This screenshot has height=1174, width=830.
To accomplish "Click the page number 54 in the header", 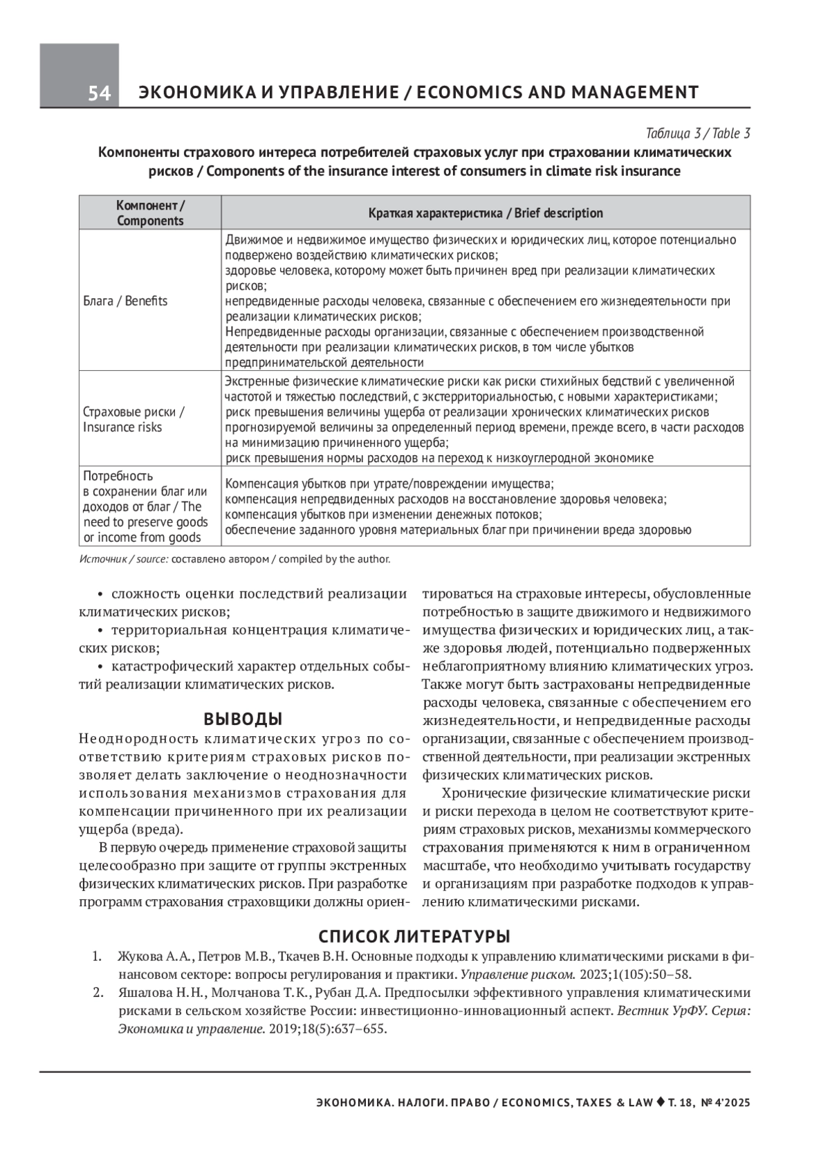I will coord(99,93).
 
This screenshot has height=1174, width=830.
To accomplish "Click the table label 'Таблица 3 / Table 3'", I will coord(697,134).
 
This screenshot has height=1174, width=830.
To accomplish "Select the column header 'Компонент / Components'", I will coord(150,213).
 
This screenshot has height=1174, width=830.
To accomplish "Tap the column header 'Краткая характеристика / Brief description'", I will coord(486,213).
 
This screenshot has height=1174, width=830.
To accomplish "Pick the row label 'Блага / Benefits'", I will coord(125,301).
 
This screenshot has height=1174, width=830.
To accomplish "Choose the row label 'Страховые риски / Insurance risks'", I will coord(133,419).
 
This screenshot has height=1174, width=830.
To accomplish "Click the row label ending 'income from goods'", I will coord(142,538).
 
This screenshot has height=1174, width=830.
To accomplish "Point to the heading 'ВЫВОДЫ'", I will coord(243,719).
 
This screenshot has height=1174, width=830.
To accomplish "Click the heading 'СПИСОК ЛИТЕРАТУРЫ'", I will coord(414,937).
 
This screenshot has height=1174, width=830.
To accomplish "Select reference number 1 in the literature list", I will coord(98,957).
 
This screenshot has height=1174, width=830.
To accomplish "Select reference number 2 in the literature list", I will coord(98,993).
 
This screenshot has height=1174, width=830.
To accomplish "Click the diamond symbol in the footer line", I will coord(661,1102).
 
